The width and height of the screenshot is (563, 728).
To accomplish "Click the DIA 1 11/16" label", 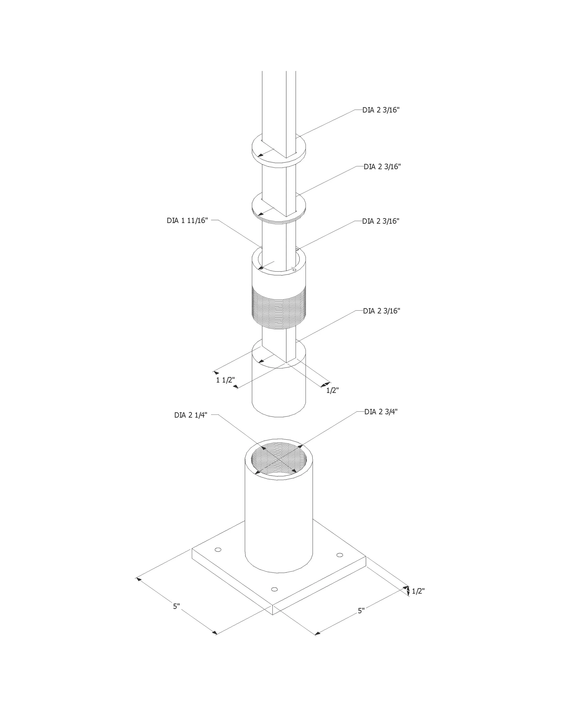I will point(187,221).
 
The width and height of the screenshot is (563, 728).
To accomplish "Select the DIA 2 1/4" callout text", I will point(191,415).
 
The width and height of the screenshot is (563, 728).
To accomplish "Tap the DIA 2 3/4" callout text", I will point(381,412).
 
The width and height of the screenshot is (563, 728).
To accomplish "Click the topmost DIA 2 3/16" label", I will point(381,110).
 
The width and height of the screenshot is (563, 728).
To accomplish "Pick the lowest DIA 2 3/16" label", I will point(381,311).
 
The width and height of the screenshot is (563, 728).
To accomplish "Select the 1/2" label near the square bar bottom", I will point(332,390).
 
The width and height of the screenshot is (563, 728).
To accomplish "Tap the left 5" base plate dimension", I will point(176,606).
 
